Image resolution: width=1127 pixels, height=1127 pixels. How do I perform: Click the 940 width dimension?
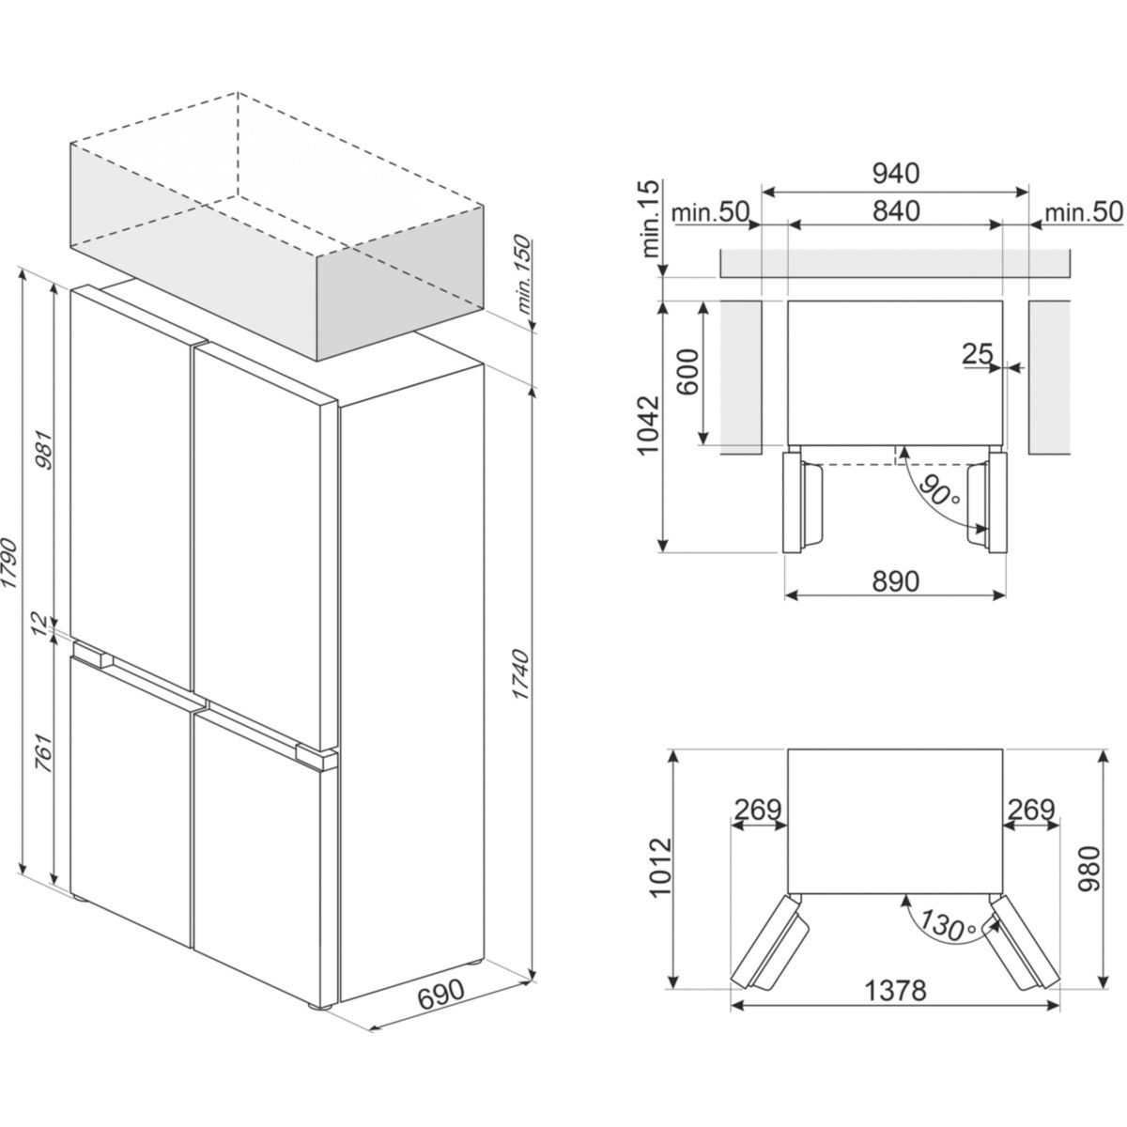[x=895, y=173]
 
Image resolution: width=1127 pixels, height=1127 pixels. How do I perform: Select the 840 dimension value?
[x=895, y=211]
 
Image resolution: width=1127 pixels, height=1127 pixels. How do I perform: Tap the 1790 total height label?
[x=10, y=564]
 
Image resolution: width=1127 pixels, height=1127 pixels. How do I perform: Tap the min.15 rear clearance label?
[x=650, y=220]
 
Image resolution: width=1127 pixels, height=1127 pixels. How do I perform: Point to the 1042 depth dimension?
[x=649, y=425]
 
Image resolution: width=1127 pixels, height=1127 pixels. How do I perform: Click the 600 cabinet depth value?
[x=689, y=372]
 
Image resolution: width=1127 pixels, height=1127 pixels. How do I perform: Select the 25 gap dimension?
[x=978, y=353]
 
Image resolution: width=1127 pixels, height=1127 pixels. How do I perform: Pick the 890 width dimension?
[x=895, y=580]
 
